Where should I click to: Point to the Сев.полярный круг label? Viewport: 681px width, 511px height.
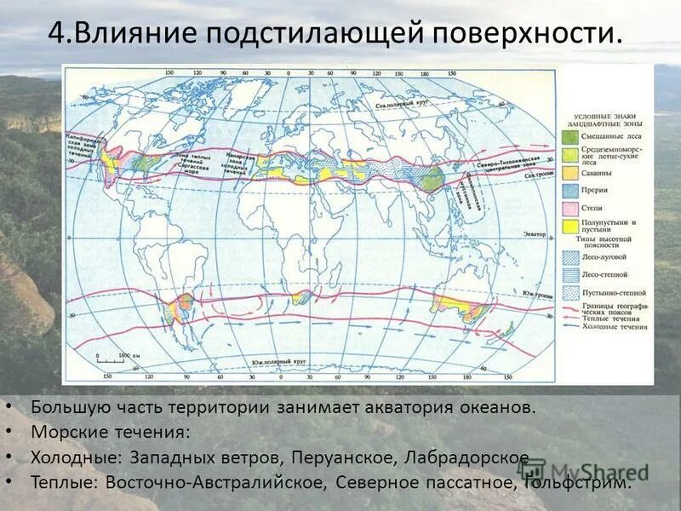coord(403,106)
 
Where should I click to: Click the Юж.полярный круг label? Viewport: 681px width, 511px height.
coord(278,363)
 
